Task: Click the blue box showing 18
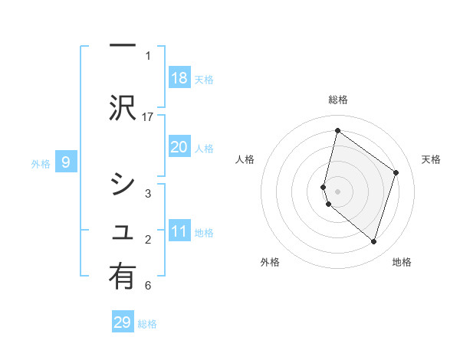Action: tap(179, 78)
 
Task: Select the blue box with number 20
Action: tap(179, 147)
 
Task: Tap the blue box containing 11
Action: tap(179, 231)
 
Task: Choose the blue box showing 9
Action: tap(66, 162)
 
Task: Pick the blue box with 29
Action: tap(123, 322)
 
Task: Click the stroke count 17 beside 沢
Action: tap(148, 116)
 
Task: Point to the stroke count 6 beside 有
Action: tap(148, 286)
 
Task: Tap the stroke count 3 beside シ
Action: tap(148, 194)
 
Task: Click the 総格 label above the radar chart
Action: tap(338, 100)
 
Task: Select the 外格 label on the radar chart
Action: tap(270, 262)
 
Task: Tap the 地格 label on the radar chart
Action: tap(402, 262)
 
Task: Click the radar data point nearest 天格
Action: tap(396, 172)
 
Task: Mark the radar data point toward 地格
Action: tap(373, 242)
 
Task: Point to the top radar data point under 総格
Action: tap(337, 130)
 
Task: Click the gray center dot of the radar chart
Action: tap(337, 191)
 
